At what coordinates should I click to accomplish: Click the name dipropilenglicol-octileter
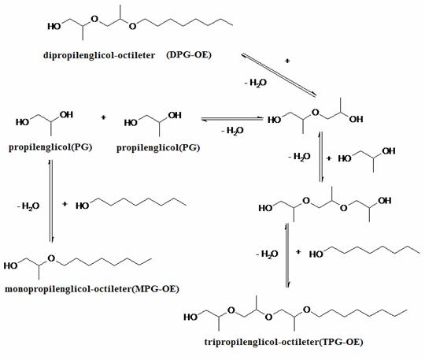99,55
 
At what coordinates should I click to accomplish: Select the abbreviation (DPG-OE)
189,55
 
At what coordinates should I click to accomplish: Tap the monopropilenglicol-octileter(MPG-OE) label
92,289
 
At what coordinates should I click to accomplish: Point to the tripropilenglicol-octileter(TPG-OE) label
283,342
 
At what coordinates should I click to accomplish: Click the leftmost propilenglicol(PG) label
50,147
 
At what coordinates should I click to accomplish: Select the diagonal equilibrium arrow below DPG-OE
279,75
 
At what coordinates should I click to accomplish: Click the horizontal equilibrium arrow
232,119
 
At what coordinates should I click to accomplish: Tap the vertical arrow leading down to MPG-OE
51,201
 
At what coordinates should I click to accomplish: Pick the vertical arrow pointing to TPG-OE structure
287,255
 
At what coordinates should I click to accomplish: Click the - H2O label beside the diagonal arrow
256,83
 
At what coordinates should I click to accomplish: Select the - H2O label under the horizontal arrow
232,131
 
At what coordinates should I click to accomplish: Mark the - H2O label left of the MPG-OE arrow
28,206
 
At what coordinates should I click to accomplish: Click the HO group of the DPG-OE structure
54,26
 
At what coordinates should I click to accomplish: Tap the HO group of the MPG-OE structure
10,265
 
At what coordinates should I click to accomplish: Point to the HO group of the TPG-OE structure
190,317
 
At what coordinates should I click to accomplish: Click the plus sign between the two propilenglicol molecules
103,117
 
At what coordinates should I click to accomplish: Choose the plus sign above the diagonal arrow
287,61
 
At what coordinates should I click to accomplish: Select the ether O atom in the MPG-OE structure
51,258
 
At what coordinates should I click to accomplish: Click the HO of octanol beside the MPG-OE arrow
83,206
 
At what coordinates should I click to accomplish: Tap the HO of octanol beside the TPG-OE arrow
316,254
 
